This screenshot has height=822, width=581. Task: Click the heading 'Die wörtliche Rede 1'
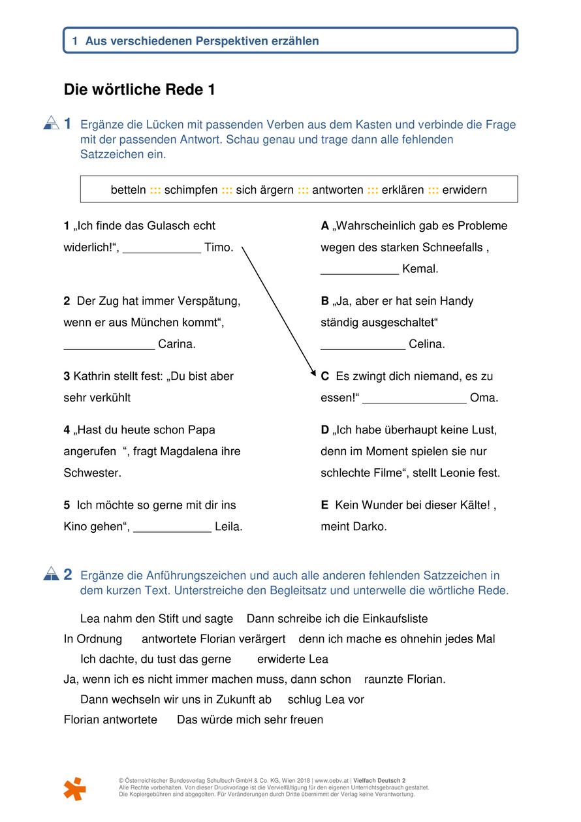(x=139, y=90)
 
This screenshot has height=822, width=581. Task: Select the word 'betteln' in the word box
(x=128, y=190)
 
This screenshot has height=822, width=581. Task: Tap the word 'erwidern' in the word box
(x=464, y=190)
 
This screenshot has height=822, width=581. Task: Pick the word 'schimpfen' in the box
(x=191, y=190)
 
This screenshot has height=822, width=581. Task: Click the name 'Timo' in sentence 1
(x=218, y=248)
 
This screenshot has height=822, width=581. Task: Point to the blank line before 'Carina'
(x=109, y=344)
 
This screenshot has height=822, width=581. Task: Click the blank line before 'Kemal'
(x=359, y=269)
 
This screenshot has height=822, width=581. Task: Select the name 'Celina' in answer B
(x=426, y=344)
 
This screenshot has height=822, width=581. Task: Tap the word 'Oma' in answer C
(x=483, y=398)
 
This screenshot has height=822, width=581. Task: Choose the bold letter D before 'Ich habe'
(x=324, y=430)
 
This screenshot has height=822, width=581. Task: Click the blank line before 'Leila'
(x=172, y=526)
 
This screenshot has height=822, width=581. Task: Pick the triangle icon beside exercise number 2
(x=51, y=574)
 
